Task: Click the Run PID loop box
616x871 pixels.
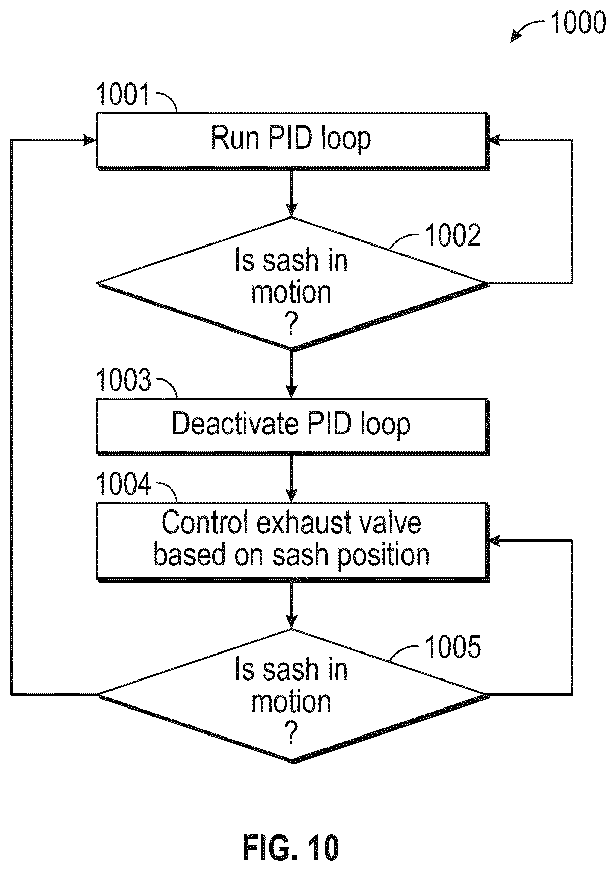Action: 292,141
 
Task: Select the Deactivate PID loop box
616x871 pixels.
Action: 292,426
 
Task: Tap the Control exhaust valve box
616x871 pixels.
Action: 292,542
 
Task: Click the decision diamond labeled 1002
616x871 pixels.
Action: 292,284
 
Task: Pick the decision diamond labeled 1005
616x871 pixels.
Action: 292,696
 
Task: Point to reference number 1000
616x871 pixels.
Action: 578,22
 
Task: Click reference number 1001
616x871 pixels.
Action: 123,94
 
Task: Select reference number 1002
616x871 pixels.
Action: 453,235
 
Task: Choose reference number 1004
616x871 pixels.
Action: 123,483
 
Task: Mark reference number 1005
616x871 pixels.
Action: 453,647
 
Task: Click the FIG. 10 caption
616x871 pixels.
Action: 291,848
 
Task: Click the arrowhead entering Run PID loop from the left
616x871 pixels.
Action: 90,141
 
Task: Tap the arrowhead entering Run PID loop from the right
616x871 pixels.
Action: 495,141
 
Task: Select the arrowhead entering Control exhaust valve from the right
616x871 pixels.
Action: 495,541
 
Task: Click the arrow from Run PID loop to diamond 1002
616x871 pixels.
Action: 291,194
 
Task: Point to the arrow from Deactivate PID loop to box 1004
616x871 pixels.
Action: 291,479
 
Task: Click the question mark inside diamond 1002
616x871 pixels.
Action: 291,324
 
